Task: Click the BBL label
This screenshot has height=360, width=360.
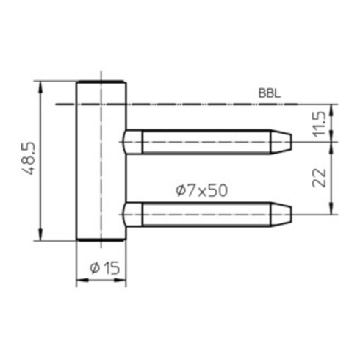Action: (270, 93)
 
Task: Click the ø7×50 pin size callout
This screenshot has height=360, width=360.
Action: (200, 190)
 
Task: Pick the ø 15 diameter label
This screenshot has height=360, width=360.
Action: (104, 268)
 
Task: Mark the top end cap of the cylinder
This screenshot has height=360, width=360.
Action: (101, 82)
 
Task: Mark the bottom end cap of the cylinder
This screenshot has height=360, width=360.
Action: (101, 240)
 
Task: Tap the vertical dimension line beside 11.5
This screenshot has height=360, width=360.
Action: (334, 122)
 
